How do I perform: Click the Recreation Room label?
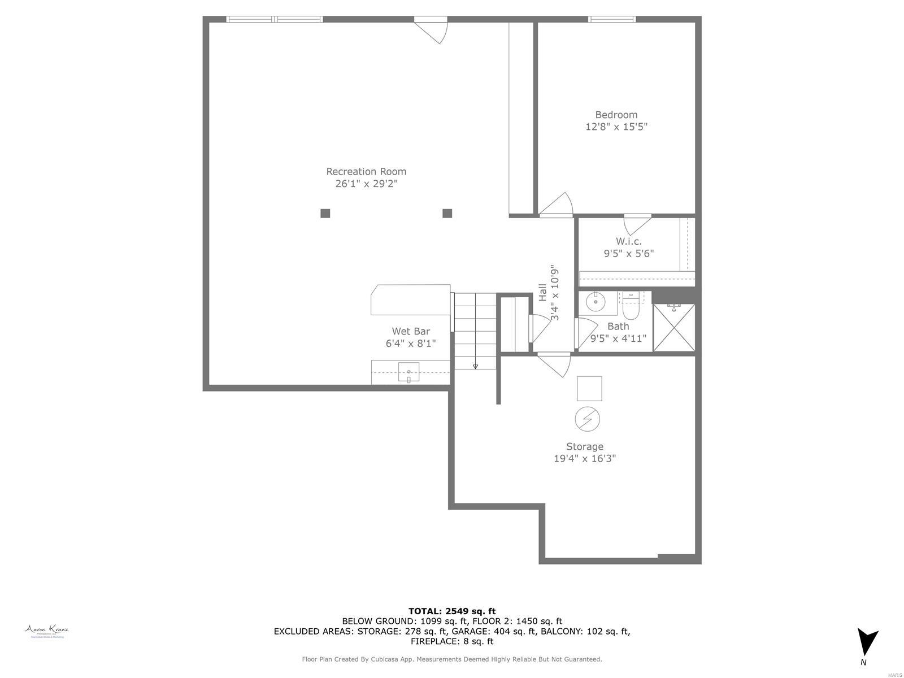(366, 171)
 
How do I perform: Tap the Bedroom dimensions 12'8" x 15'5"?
(616, 127)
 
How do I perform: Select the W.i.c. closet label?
(628, 241)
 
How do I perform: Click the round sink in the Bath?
(595, 302)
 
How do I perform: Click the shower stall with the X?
(673, 328)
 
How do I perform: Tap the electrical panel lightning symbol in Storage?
(587, 419)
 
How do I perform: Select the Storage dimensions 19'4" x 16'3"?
(584, 459)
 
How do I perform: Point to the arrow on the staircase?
(475, 366)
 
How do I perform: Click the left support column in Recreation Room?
(325, 213)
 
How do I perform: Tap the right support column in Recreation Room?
(447, 213)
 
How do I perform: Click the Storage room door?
(557, 364)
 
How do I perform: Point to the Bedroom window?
(612, 19)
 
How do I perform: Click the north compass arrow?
(867, 642)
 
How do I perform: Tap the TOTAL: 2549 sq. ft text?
(451, 611)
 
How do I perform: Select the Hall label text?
(542, 292)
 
